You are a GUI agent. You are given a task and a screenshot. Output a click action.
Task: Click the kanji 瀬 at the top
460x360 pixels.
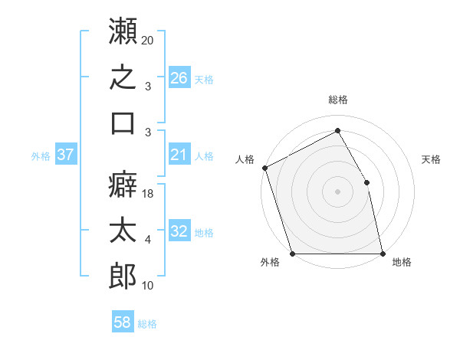tap(123, 31)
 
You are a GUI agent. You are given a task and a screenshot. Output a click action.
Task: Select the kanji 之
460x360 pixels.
tap(123, 77)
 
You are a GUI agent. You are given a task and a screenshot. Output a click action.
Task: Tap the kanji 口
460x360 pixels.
tap(123, 123)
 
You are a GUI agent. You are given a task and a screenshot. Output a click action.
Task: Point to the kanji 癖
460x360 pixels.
tap(123, 184)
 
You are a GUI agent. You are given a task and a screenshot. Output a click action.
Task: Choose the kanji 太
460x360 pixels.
tap(123, 230)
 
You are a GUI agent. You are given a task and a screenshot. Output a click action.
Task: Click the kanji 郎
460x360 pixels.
tap(123, 277)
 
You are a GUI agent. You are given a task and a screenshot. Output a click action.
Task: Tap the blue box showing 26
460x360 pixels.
tap(179, 77)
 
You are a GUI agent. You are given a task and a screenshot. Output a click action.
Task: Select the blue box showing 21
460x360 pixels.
tap(179, 154)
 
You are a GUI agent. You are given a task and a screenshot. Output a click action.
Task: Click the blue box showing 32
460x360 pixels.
tap(179, 230)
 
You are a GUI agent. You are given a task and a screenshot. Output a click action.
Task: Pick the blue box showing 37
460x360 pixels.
tap(66, 154)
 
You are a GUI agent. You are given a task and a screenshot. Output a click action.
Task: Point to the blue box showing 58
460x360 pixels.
tap(123, 321)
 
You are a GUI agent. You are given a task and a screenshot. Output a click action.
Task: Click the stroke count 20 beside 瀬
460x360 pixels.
tap(147, 41)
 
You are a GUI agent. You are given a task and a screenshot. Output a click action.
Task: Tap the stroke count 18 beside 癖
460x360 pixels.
tap(147, 194)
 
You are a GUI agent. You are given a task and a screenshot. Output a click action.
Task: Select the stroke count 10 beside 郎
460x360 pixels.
tap(147, 286)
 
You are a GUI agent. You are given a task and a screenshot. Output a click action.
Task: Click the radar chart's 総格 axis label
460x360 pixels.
tap(338, 100)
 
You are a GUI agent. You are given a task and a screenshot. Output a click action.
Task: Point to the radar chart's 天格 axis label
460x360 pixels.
tap(431, 159)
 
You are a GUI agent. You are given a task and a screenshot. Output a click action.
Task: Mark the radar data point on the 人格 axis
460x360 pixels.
tap(265, 168)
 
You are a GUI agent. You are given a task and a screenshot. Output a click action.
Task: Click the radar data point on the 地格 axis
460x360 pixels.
tap(383, 254)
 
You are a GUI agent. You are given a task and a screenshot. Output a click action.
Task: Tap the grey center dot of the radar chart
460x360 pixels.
tap(337, 191)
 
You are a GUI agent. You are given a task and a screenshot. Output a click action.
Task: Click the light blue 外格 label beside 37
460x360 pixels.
tap(41, 156)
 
